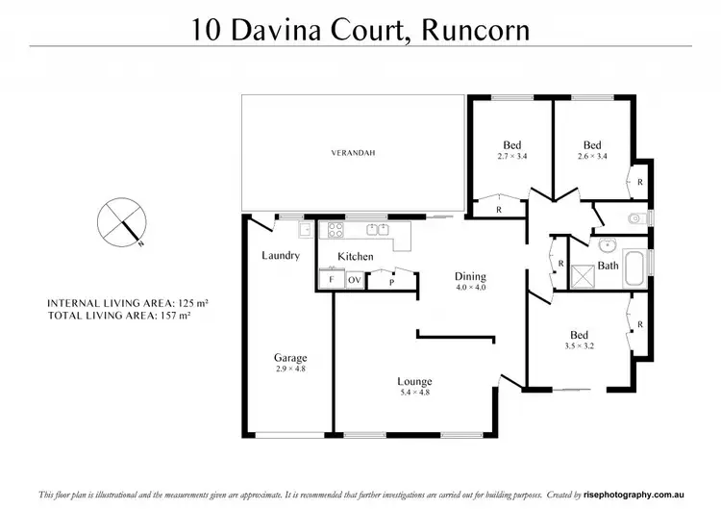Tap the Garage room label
tap(290, 358)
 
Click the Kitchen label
tap(355, 257)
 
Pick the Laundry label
tap(281, 256)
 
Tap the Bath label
tap(608, 265)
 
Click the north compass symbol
tap(121, 222)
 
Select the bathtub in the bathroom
tap(637, 268)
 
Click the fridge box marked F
tap(331, 279)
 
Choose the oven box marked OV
tap(353, 279)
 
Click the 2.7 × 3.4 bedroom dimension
tap(512, 156)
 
